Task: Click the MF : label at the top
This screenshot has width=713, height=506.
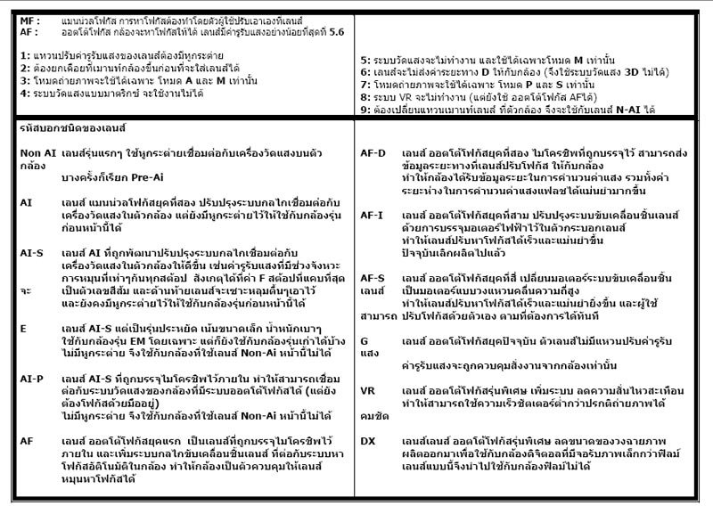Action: point(29,18)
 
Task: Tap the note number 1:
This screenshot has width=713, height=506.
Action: point(25,56)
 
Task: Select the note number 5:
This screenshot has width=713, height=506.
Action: point(365,56)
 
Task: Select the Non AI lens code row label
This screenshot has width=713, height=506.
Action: point(36,153)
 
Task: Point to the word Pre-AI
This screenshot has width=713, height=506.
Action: point(113,178)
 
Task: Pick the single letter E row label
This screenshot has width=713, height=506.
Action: point(24,328)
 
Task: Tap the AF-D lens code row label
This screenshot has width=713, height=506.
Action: point(373,153)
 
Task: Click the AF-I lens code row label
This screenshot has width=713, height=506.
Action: point(372,215)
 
